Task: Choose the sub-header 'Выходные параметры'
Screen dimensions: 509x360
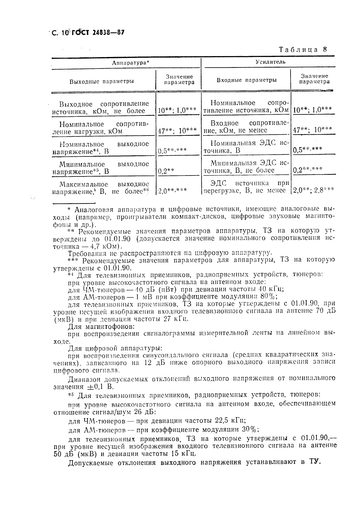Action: click(x=102, y=81)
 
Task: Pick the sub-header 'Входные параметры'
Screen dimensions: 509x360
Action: click(x=246, y=80)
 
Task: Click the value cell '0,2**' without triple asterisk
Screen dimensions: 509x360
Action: click(x=166, y=171)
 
